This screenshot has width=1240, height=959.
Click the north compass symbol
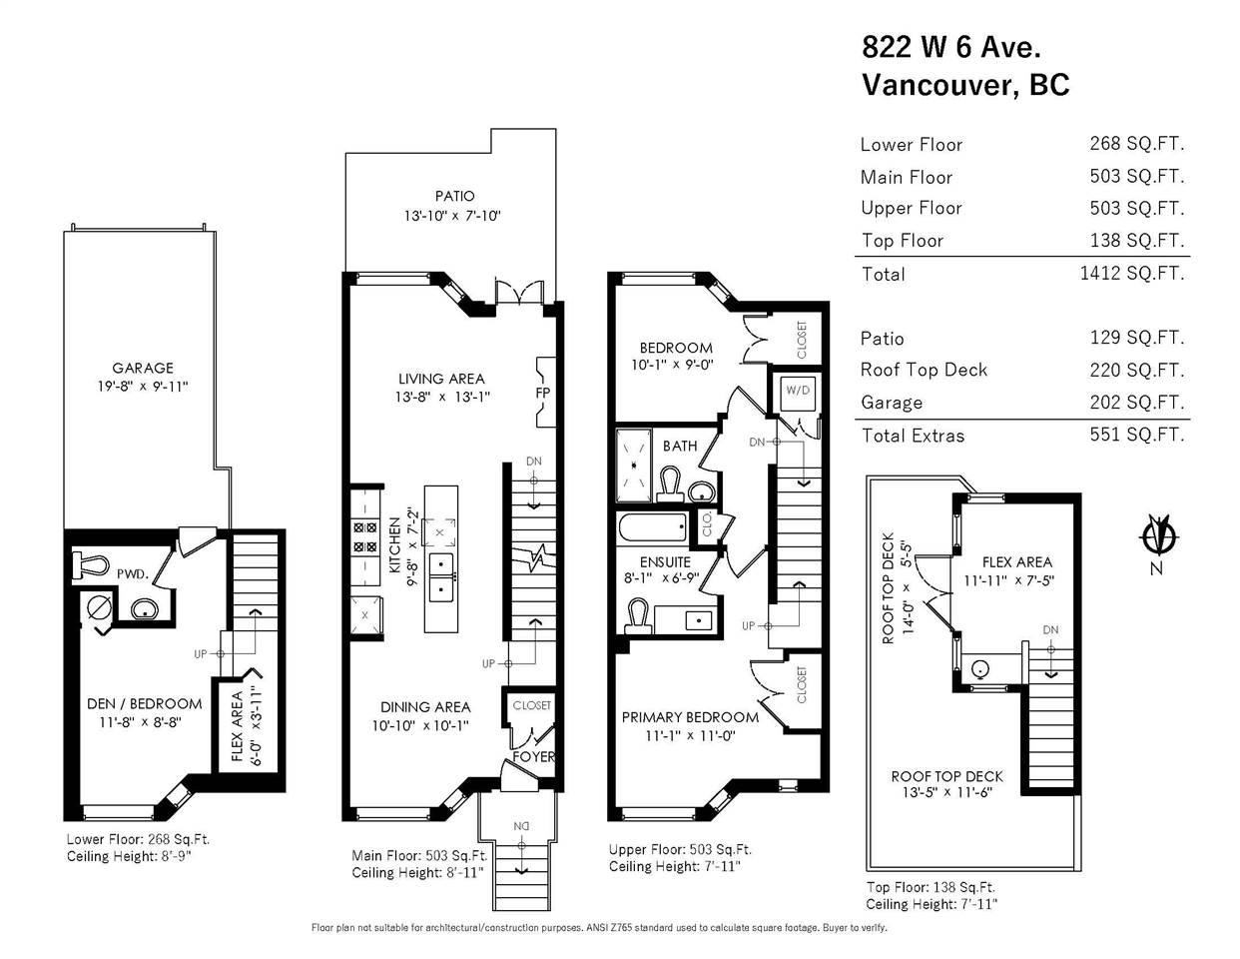click(x=1158, y=536)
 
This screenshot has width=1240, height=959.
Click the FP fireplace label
click(x=543, y=393)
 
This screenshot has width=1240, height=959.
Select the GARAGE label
click(x=143, y=369)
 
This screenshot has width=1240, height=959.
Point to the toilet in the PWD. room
click(x=91, y=565)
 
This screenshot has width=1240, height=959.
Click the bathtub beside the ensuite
click(x=652, y=527)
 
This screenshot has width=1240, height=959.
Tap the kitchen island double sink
click(x=441, y=577)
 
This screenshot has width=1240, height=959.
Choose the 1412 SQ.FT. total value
click(x=1132, y=274)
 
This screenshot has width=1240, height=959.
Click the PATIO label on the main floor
click(x=455, y=197)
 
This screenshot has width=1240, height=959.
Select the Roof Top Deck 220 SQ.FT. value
click(x=1137, y=370)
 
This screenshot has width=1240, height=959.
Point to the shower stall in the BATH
click(x=633, y=465)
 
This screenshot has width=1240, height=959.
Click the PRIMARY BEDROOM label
click(x=690, y=717)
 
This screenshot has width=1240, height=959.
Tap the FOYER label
click(x=533, y=757)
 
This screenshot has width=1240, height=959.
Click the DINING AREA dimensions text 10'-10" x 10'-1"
click(x=420, y=726)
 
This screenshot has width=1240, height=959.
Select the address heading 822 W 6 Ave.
click(x=951, y=47)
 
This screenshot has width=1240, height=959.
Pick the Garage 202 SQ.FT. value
click(x=1137, y=403)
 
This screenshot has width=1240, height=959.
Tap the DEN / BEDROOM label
click(x=145, y=704)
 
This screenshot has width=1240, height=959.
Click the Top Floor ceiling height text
click(x=931, y=904)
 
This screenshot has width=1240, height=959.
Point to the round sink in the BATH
click(x=701, y=490)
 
